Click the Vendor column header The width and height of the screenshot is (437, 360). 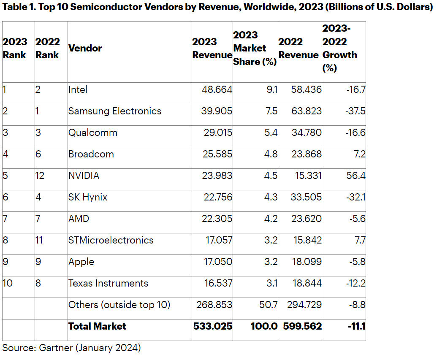85,48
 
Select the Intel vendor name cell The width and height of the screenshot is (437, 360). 78,89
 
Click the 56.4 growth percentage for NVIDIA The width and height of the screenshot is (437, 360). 356,176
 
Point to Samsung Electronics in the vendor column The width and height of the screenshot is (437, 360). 115,111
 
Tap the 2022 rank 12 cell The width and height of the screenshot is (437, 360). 41,176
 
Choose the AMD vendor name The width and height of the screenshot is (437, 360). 79,219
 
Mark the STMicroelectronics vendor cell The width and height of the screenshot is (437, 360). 111,240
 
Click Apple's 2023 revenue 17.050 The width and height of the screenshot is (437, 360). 216,262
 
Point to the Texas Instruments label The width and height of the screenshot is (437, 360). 109,283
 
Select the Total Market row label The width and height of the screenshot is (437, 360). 97,326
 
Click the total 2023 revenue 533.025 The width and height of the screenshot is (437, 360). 213,326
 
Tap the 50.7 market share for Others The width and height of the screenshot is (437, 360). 269,305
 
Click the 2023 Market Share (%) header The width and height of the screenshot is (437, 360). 255,48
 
